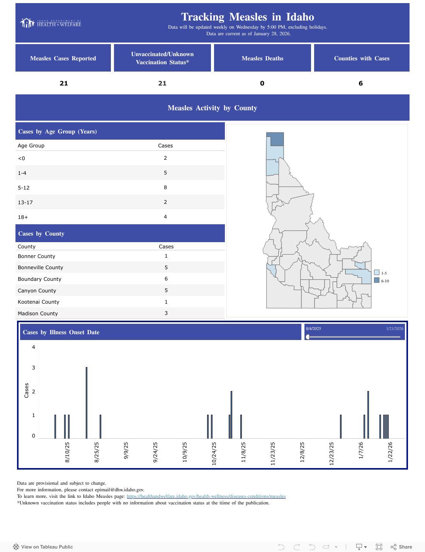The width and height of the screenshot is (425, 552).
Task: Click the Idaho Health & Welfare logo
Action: point(51,23)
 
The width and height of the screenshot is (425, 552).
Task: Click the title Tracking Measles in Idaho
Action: point(247,17)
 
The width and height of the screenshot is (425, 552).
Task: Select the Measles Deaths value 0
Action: point(262,83)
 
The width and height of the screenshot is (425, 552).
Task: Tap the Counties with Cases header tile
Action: point(361,58)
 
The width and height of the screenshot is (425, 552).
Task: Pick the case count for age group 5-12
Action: point(165,188)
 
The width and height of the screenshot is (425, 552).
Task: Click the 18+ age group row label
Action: point(23,217)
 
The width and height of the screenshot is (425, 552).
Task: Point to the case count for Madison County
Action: point(166,313)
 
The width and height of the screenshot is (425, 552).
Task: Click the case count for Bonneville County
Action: point(166,267)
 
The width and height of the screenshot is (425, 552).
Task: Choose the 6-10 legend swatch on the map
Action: point(377,280)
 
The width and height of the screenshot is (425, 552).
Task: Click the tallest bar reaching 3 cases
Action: point(87,402)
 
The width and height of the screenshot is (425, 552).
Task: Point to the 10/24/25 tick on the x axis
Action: point(214,453)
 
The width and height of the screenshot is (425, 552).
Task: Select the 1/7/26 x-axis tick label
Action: point(361,450)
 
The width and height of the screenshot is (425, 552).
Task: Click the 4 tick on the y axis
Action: point(33,347)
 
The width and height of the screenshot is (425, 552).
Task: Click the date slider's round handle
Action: point(308,337)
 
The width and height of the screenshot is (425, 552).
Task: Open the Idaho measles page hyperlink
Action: point(206,496)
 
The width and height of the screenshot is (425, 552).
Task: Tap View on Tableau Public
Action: point(43,547)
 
